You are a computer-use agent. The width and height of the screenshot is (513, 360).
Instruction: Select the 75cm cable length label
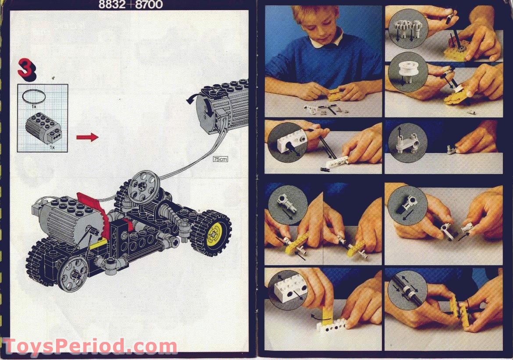pyautogui.click(x=220, y=159)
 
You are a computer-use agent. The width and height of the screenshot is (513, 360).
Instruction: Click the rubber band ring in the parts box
pyautogui.click(x=34, y=96)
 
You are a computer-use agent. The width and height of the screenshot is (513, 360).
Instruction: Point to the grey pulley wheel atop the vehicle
pyautogui.click(x=143, y=184)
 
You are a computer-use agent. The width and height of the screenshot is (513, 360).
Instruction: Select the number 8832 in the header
pyautogui.click(x=115, y=5)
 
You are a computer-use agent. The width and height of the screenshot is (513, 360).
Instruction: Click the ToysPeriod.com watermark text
pyautogui.click(x=90, y=346)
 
